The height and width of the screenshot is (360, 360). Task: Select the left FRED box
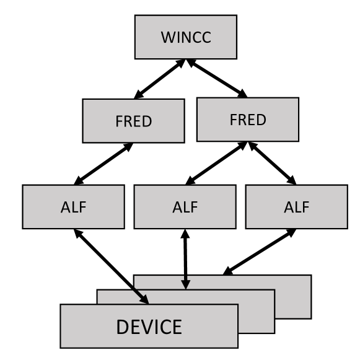tap(133, 120)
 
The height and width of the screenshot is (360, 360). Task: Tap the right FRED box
tap(247, 119)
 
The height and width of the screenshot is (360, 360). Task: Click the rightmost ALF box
tap(296, 206)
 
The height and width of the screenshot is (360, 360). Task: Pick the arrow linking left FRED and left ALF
tap(103, 164)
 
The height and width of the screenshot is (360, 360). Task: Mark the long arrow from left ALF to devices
tap(112, 266)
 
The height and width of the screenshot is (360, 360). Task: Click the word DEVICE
tap(149, 327)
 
